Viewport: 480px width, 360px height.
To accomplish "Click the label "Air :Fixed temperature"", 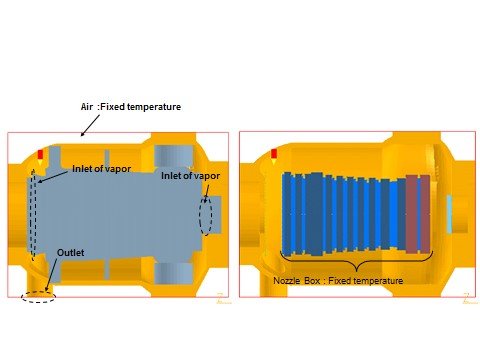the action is tap(131, 107).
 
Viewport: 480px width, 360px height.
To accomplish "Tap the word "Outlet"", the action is tap(71, 253).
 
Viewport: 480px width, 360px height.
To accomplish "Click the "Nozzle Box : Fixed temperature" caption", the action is tap(338, 281).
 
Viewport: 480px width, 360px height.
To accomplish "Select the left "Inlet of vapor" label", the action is tap(102, 169).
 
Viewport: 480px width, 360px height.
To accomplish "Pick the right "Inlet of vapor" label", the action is tap(190, 176).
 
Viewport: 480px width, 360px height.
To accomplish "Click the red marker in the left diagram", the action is tap(40, 154).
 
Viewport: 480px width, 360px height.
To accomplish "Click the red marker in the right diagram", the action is tap(274, 154).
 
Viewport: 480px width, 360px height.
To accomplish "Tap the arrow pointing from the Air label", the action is tap(90, 126).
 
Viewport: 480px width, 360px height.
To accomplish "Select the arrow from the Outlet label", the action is tap(50, 275).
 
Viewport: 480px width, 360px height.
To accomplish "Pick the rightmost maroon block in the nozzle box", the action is tap(425, 214).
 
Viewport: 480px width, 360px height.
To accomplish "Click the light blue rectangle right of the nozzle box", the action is tap(449, 214).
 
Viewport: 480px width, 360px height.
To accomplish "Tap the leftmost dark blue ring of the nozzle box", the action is tap(287, 213).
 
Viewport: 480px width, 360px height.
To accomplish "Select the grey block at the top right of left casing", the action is tap(174, 157).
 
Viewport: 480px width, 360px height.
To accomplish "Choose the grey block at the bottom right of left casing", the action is tap(174, 274).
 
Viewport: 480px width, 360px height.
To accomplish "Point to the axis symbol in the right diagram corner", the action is tap(469, 299).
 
